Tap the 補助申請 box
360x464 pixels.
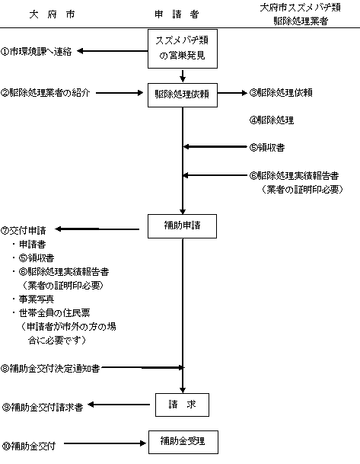pyautogui.click(x=183, y=226)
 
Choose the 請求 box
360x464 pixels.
pyautogui.click(x=182, y=405)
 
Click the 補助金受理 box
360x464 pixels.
pyautogui.click(x=183, y=440)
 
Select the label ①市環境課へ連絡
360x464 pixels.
pyautogui.click(x=37, y=52)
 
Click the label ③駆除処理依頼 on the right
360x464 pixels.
pyautogui.click(x=281, y=93)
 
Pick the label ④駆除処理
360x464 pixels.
pyautogui.click(x=272, y=120)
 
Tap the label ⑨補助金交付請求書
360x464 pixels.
pyautogui.click(x=47, y=406)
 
